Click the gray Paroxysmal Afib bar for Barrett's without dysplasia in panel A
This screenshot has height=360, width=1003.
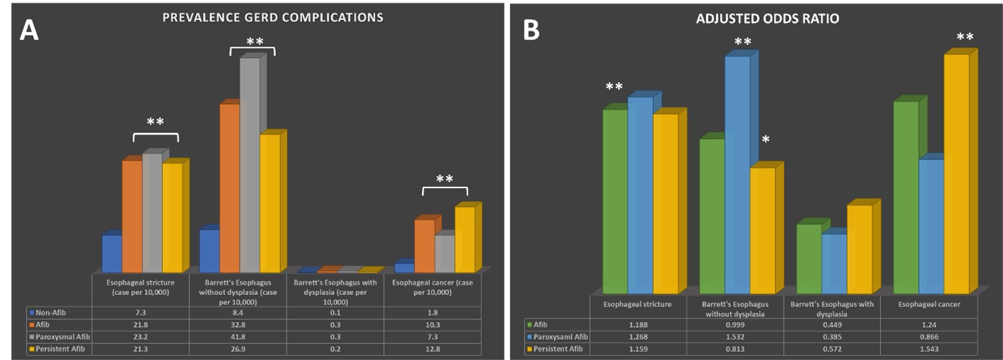click(x=250, y=165)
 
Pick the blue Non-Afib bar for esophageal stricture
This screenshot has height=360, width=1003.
click(x=112, y=253)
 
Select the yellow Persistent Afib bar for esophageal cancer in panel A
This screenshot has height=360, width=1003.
click(x=464, y=239)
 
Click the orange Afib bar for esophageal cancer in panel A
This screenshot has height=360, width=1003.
click(x=424, y=245)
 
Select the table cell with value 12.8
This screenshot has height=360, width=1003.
click(x=431, y=348)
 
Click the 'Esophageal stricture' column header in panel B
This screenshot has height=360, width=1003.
click(x=638, y=305)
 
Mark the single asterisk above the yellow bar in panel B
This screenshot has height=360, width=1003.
click(x=765, y=140)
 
